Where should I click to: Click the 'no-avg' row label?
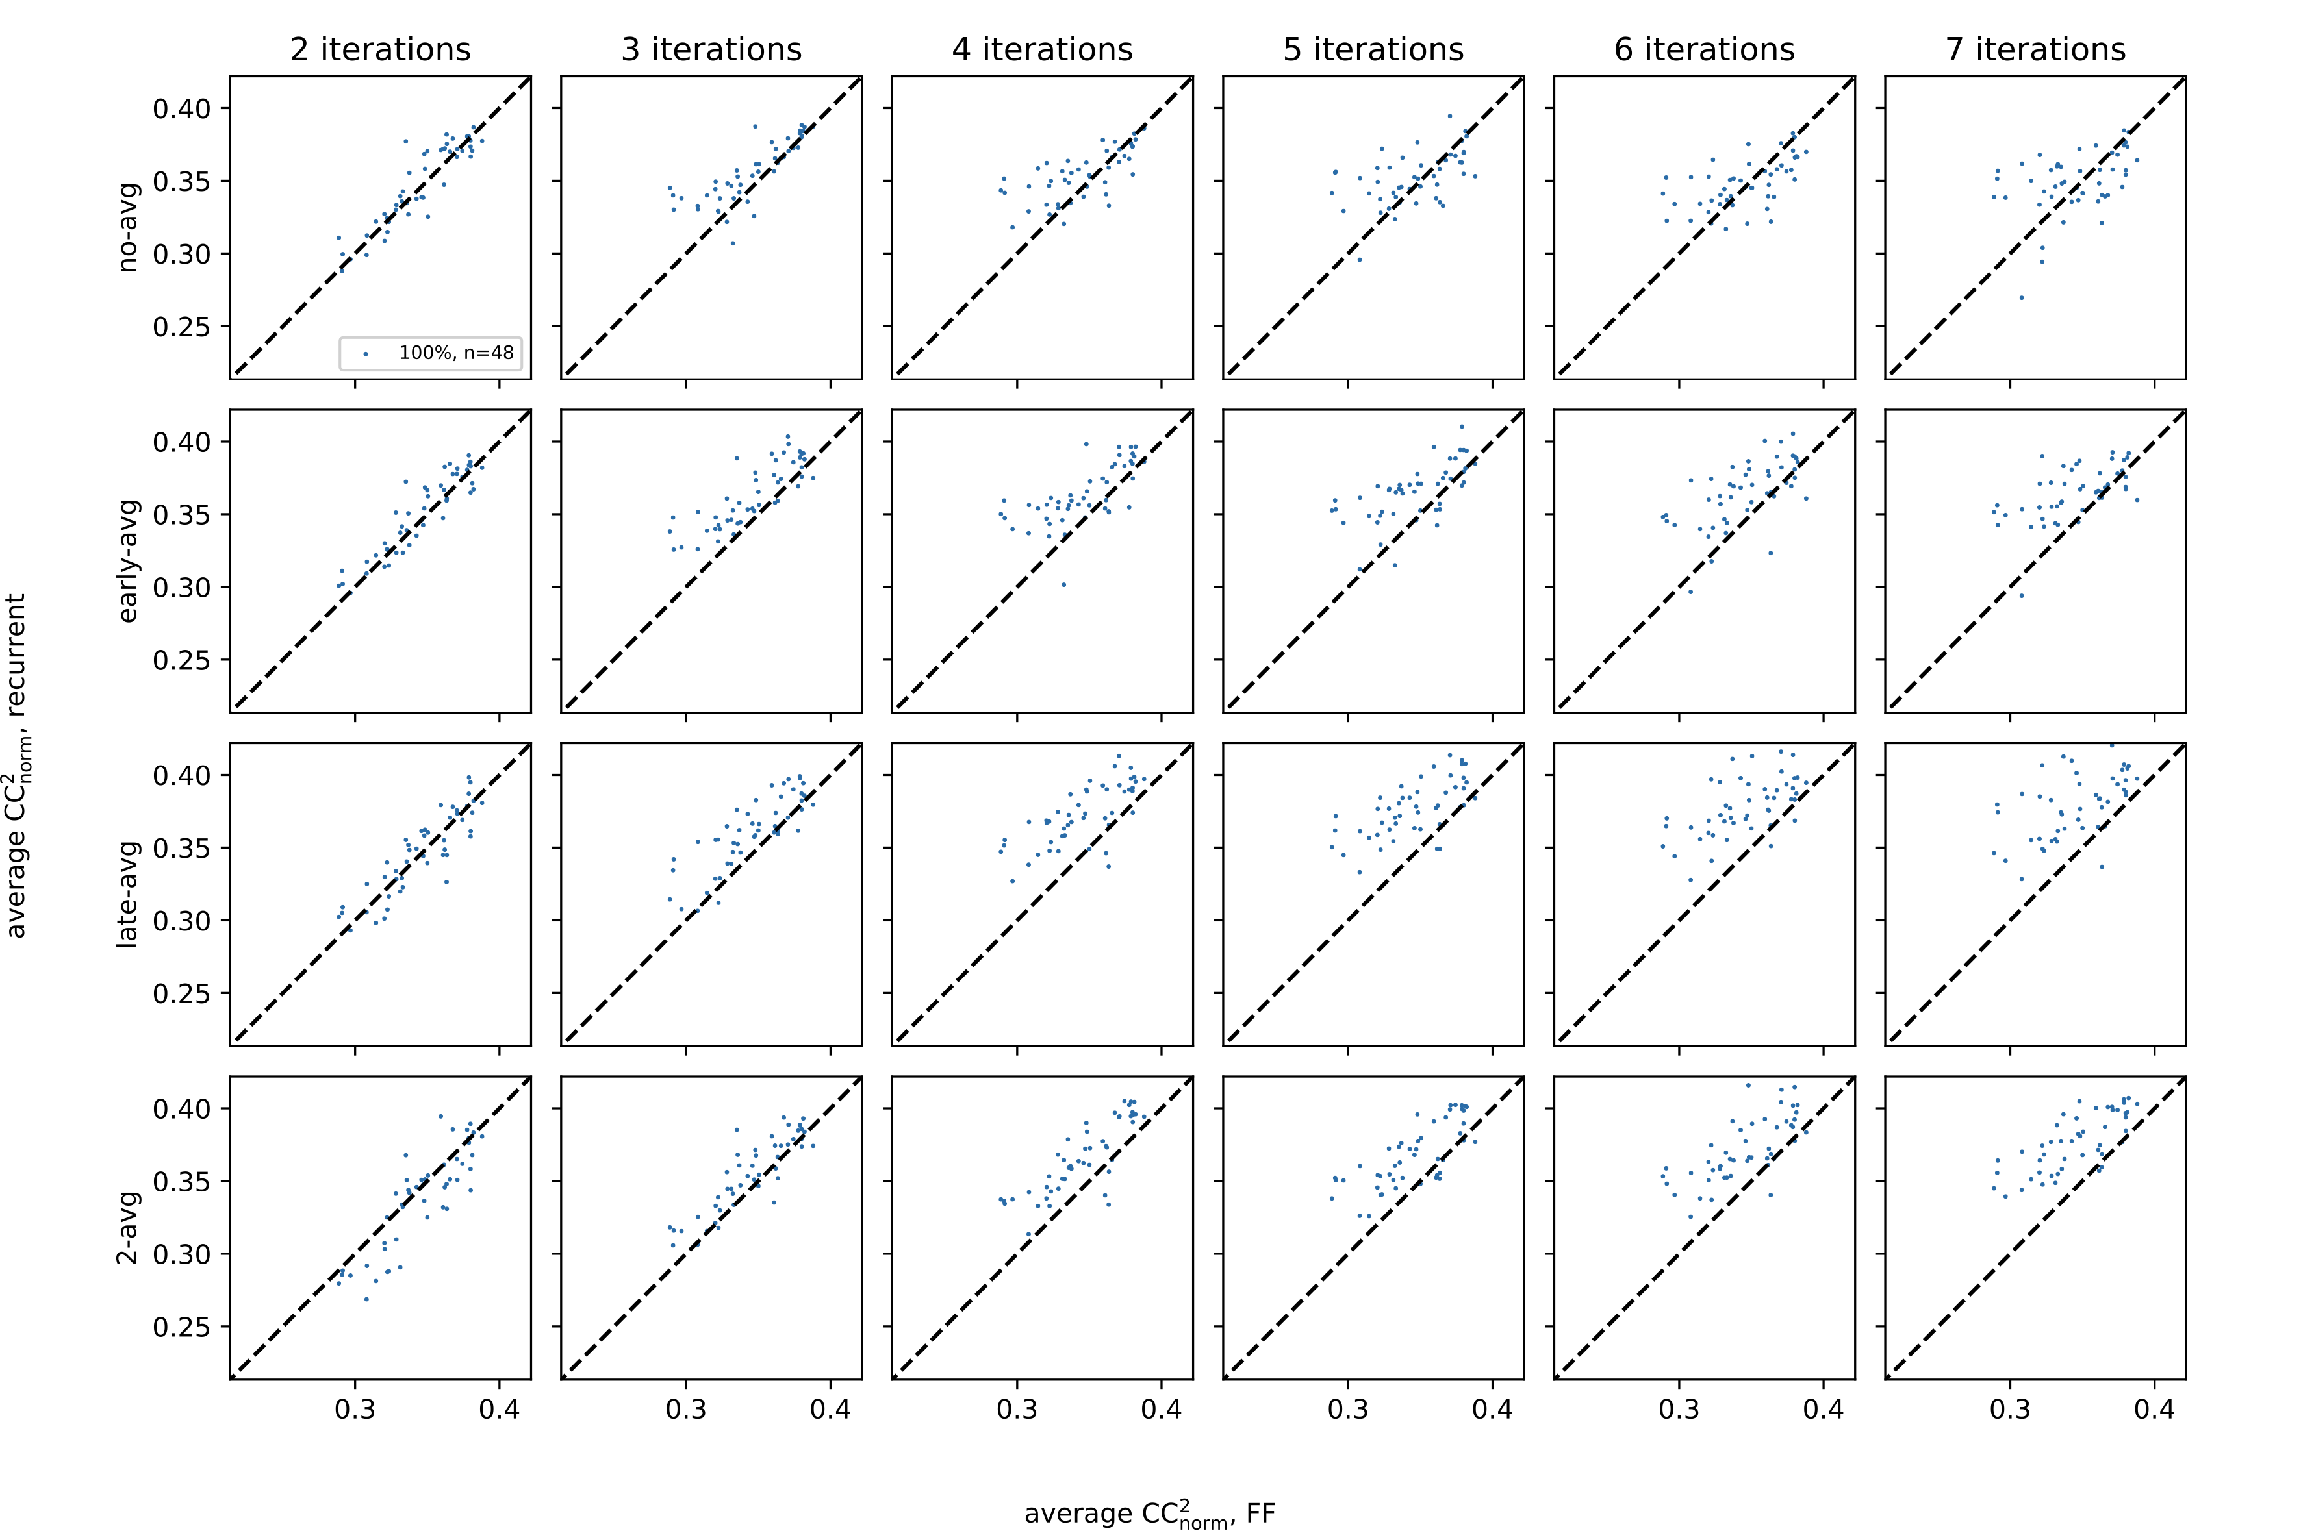pos(128,227)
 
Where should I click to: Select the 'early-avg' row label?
pos(128,561)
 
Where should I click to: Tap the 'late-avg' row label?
pos(128,893)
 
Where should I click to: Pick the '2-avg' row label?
pos(128,1228)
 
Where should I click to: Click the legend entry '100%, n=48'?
pos(455,353)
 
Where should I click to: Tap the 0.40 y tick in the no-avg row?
pos(182,108)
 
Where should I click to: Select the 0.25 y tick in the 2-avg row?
pos(182,1327)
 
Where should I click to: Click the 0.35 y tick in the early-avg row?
pos(182,514)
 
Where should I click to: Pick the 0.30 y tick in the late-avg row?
pos(182,921)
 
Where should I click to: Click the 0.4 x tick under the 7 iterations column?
pos(2154,1410)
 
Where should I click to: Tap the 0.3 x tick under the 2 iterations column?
pos(355,1410)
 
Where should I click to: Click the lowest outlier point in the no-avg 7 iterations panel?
pos(2021,297)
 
